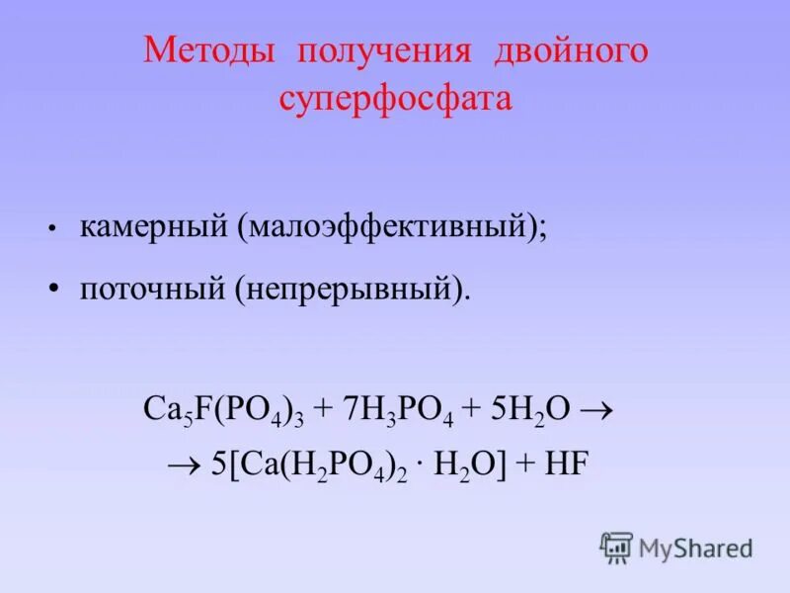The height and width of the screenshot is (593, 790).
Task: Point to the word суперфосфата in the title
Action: click(x=395, y=100)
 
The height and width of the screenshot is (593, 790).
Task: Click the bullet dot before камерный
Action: click(x=49, y=228)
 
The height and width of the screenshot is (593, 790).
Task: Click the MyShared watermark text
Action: click(x=695, y=548)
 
